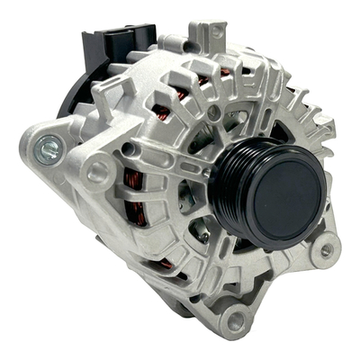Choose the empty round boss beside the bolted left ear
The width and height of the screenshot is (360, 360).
click(97, 167)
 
